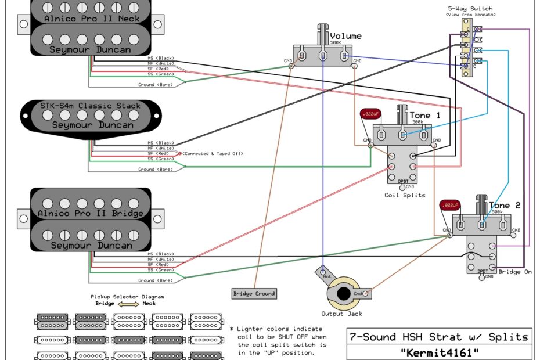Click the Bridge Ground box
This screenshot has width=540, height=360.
[254, 293]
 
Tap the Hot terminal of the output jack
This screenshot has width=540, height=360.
[323, 272]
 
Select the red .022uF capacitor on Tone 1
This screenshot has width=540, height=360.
[369, 113]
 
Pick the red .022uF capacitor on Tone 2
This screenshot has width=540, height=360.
[450, 206]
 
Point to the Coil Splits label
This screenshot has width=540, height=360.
[404, 195]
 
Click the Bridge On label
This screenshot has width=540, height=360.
[515, 272]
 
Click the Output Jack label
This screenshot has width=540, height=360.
[342, 314]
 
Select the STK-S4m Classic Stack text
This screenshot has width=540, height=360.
[91, 106]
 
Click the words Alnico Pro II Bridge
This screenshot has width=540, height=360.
[91, 213]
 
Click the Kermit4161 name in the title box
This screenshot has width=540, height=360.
[440, 352]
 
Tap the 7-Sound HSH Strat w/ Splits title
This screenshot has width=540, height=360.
[439, 337]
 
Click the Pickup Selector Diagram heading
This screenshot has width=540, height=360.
[127, 296]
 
